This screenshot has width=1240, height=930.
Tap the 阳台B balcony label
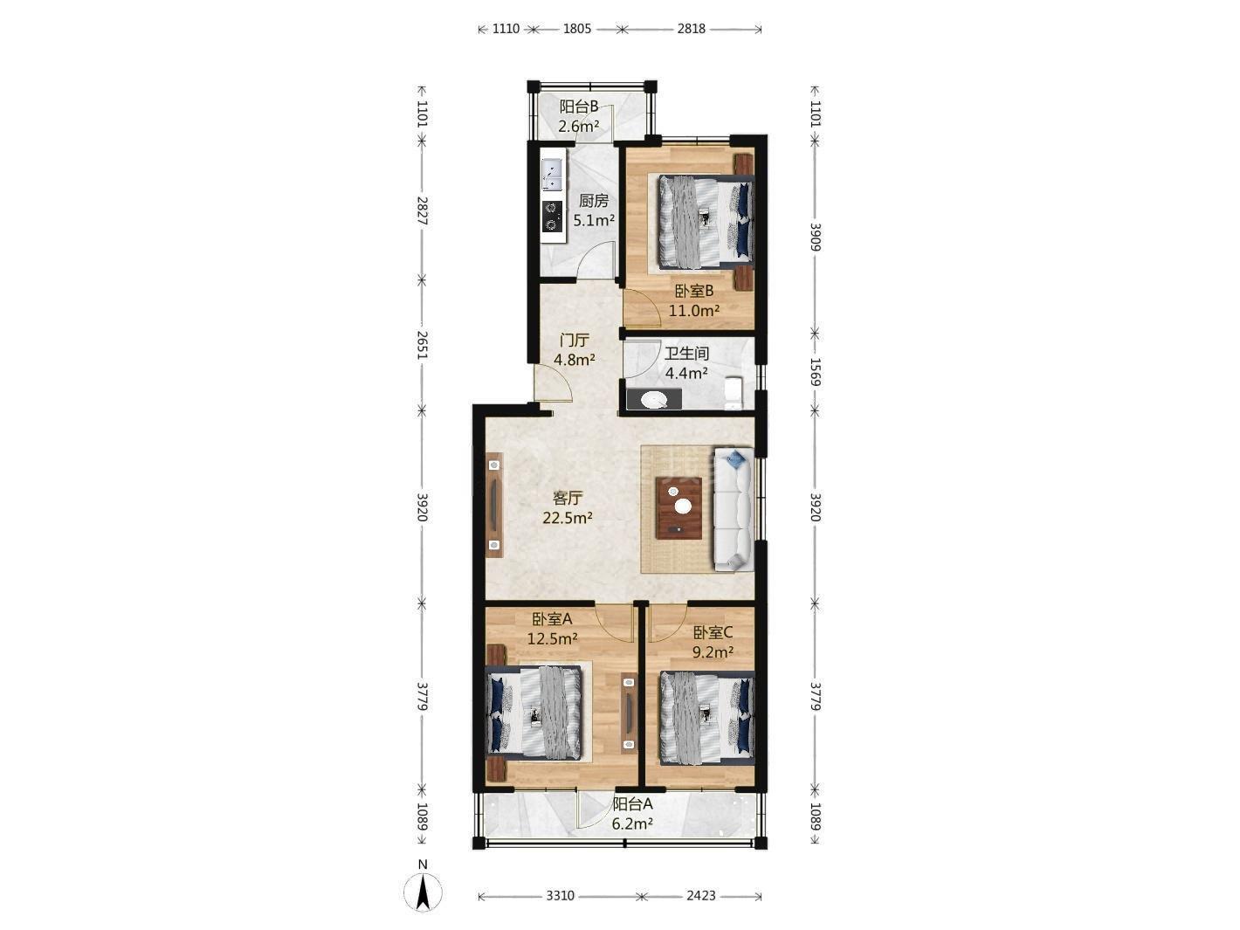[x=579, y=107]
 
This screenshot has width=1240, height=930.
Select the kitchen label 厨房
[x=594, y=201]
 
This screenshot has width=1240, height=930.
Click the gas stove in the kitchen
[x=157, y=217]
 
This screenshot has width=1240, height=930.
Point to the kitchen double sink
[x=156, y=174]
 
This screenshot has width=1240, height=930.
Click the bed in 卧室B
[x=706, y=221]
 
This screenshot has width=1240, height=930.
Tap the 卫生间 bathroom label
[x=686, y=354]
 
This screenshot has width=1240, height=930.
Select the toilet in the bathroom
[x=734, y=393]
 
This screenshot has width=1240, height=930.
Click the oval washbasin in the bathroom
[x=655, y=399]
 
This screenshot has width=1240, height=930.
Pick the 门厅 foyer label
[x=575, y=340]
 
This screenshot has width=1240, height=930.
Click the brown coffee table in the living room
[x=679, y=507]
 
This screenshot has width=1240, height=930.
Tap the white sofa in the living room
[x=734, y=509]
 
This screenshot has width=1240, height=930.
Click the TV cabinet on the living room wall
[x=100, y=505]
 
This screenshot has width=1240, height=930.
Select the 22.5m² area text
[x=568, y=517]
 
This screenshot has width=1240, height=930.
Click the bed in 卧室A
[x=534, y=713]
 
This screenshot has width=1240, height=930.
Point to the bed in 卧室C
[x=707, y=718]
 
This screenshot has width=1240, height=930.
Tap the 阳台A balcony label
[x=633, y=804]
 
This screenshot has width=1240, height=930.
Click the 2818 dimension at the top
[x=692, y=29]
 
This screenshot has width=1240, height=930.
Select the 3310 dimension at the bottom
[x=560, y=896]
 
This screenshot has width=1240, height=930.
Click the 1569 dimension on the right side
[x=815, y=372]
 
